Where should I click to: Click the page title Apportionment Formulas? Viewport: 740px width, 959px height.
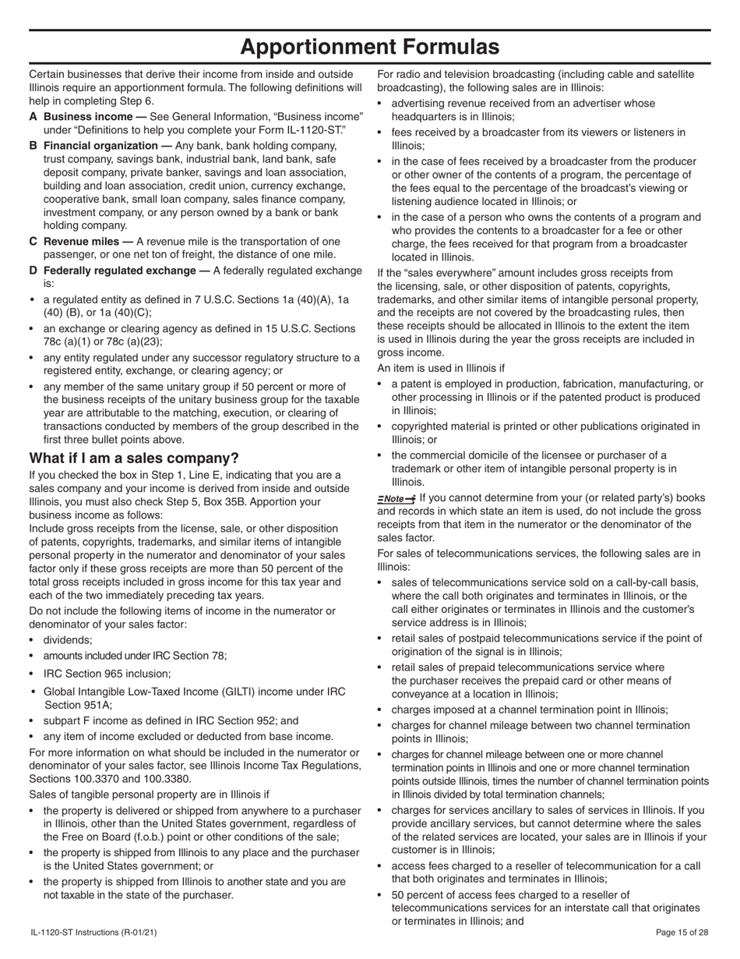[x=369, y=47]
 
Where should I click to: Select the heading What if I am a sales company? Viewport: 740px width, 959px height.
[x=134, y=458]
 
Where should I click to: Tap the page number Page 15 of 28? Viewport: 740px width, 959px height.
[x=682, y=932]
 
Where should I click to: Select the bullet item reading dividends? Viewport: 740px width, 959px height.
[x=68, y=640]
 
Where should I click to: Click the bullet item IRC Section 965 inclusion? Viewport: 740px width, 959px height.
[x=107, y=674]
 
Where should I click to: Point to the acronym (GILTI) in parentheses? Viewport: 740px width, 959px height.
[x=239, y=692]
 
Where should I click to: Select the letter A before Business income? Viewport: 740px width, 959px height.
[x=33, y=116]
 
